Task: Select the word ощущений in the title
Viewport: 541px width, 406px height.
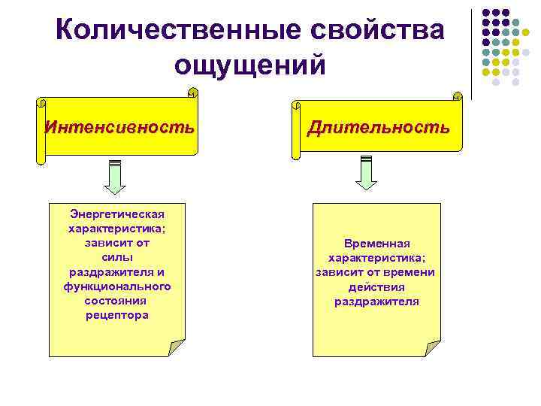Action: pos(250,65)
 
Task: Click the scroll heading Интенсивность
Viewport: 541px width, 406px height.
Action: pos(119,126)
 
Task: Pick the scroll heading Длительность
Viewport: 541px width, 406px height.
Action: pos(378,127)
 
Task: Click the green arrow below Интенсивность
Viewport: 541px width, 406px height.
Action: pos(115,177)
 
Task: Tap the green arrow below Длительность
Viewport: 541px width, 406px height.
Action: pos(366,174)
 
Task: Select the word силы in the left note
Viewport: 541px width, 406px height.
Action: pos(116,257)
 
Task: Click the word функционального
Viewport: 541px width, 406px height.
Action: pos(117,286)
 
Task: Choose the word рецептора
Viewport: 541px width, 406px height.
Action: pos(117,315)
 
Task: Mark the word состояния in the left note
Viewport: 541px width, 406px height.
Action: pos(116,301)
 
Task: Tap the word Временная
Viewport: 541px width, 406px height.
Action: pos(376,244)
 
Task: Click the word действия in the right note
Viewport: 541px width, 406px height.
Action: pos(376,287)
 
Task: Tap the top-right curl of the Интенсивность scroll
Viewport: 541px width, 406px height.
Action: pos(192,93)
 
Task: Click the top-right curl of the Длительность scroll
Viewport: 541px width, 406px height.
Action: pos(457,95)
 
